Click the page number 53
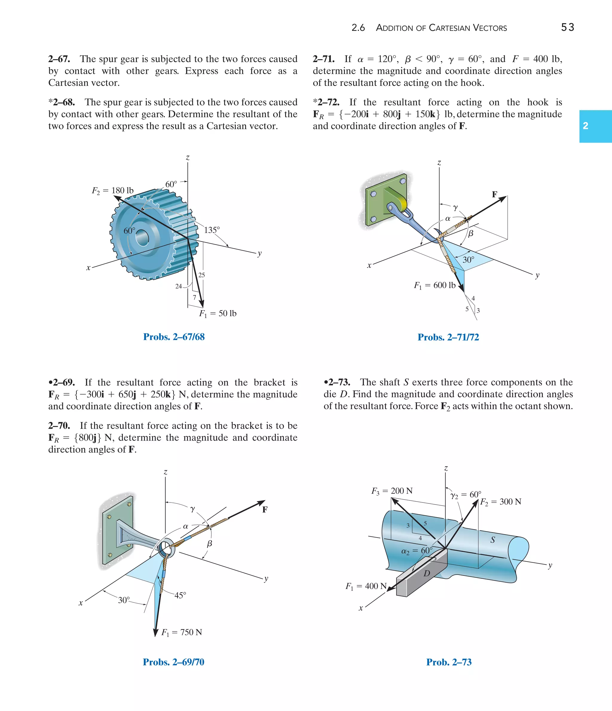[567, 28]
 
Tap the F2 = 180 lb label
[112, 191]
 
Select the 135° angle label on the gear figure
[212, 230]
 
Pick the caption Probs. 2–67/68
[174, 337]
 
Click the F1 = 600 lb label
[434, 285]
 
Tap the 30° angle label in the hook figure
[468, 260]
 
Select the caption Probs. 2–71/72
[448, 337]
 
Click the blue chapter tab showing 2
[595, 126]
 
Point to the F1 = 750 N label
[182, 632]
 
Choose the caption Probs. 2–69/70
[174, 662]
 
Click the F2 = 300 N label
[500, 502]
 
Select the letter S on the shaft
[493, 540]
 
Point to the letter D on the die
[427, 573]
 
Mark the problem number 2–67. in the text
[59, 59]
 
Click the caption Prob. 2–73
[449, 662]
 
